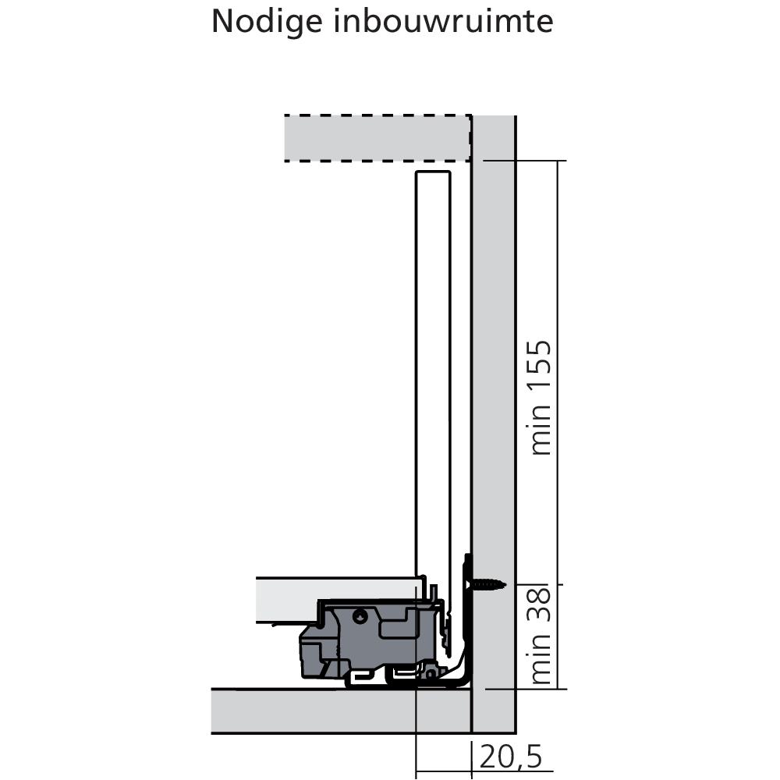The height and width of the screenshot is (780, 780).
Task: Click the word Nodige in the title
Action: click(267, 22)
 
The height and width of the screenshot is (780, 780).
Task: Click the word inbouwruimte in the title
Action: click(443, 21)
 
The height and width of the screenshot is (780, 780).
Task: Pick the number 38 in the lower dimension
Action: click(541, 604)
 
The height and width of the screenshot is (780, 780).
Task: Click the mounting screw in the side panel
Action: click(487, 584)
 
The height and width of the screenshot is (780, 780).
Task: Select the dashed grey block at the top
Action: click(378, 138)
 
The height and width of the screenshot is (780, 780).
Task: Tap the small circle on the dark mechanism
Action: click(360, 617)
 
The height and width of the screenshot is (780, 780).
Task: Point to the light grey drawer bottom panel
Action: click(339, 600)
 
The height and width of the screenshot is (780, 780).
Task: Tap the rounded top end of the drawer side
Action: click(433, 172)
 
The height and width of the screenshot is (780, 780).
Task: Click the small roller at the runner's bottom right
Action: click(430, 674)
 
